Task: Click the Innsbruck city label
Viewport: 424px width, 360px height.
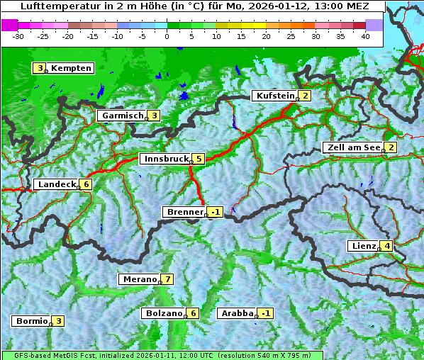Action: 166,159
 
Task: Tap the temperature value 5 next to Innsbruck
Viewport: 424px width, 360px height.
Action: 199,159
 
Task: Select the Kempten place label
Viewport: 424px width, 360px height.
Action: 71,68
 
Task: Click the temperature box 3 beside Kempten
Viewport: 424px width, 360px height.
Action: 40,68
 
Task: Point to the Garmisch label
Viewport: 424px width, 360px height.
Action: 122,116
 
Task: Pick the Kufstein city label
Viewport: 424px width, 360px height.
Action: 275,96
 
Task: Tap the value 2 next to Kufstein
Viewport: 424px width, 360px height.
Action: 305,96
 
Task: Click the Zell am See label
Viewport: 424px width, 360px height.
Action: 352,147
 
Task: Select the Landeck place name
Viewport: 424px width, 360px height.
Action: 56,184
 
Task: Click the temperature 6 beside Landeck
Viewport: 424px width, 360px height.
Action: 87,184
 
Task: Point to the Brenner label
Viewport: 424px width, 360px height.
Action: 184,212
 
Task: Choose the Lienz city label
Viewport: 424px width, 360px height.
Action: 363,246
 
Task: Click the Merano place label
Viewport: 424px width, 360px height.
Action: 139,279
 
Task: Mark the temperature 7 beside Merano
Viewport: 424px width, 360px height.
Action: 167,279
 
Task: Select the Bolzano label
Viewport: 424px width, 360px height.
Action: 164,313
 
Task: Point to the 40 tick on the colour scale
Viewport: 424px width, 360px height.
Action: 365,35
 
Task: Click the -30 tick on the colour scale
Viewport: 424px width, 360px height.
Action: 18,35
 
